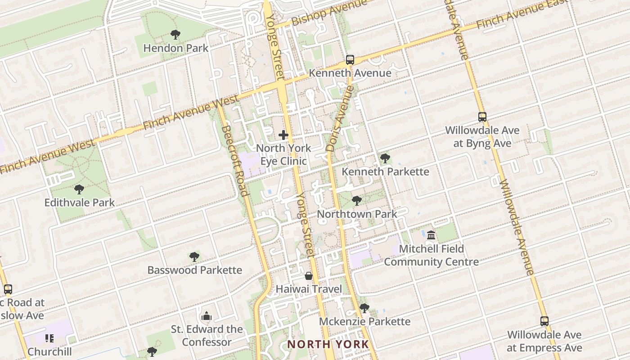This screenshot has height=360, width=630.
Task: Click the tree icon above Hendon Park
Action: coord(175,34)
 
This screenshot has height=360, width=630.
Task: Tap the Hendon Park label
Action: coord(175,48)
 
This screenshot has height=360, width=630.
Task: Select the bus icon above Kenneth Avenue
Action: coord(350,59)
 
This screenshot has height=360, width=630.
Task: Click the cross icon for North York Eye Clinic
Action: coord(283,135)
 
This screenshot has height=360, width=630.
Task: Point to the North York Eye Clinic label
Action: coord(283,154)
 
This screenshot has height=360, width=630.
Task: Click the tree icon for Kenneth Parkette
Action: coord(385,158)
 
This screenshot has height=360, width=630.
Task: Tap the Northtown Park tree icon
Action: coord(357,200)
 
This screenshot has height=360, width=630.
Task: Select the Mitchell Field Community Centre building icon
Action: coord(431,235)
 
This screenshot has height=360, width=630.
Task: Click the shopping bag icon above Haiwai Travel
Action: coord(309,275)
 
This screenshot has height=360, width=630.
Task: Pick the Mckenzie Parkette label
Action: coord(364,321)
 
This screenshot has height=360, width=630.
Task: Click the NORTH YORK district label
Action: coord(328,344)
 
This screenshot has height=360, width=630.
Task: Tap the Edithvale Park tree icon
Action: coord(79,189)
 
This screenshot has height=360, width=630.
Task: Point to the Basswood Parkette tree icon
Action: coord(194,257)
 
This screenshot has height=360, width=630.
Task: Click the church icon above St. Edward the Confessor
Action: coord(207,316)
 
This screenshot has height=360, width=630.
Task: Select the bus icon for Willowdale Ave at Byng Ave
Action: coord(482,117)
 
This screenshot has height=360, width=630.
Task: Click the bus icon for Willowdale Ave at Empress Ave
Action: coord(544,321)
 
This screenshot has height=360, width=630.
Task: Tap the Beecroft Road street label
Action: coord(235,161)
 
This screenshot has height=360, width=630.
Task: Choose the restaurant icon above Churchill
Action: coord(49,338)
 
